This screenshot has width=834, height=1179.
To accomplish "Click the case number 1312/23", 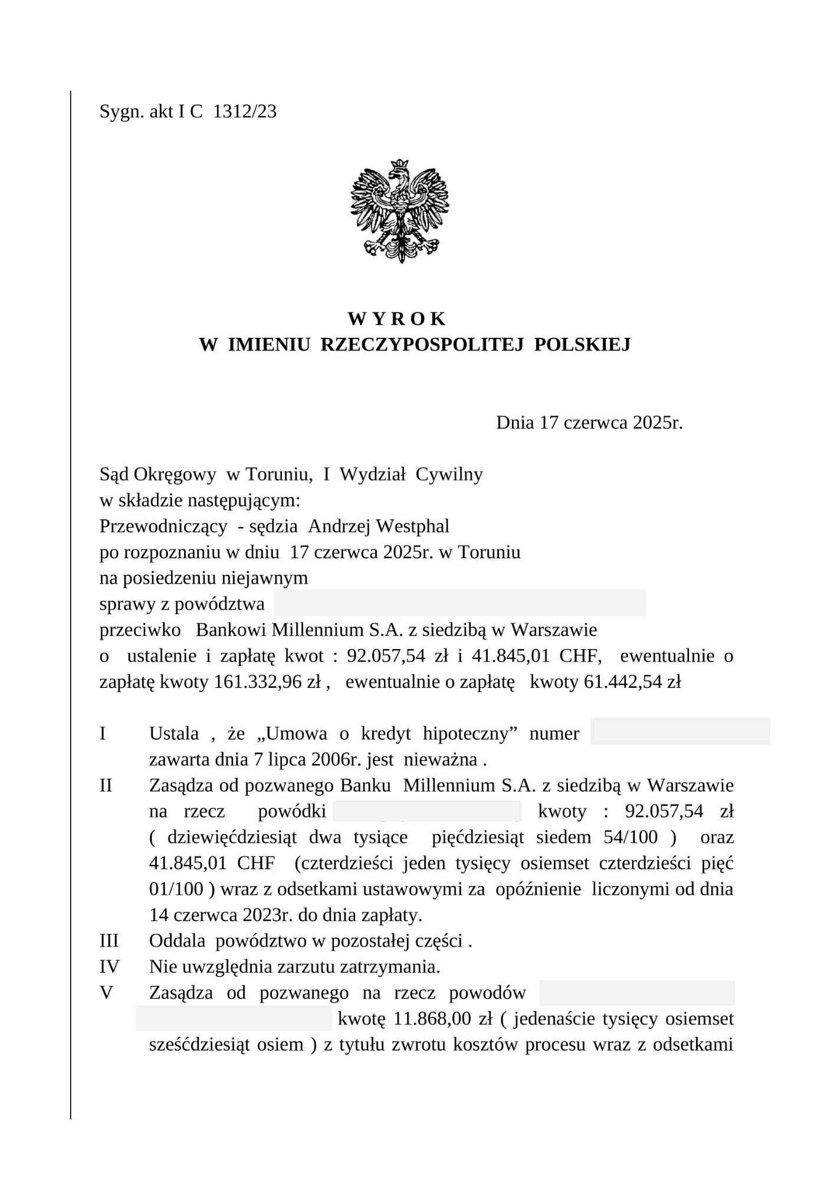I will [x=244, y=112].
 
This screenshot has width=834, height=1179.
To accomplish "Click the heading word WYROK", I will [x=397, y=319].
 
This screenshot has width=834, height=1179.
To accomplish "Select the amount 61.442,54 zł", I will [x=632, y=682].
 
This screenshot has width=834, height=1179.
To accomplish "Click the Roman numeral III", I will [x=109, y=941].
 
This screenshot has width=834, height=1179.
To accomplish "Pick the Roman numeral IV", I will [x=109, y=967].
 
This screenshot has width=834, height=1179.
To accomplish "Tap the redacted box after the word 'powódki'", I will [x=427, y=812].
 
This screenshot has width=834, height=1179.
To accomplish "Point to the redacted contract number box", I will [x=679, y=732].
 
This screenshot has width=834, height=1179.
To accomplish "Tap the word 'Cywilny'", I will [x=449, y=475].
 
